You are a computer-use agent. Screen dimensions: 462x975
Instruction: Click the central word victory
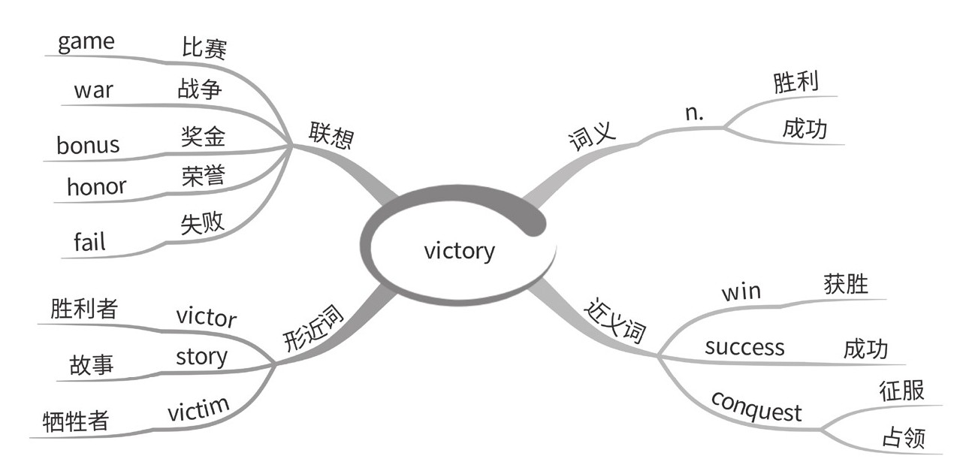pyautogui.click(x=459, y=249)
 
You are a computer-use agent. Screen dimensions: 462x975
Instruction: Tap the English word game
pyautogui.click(x=86, y=41)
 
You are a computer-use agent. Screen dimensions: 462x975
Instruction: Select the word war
pyautogui.click(x=93, y=90)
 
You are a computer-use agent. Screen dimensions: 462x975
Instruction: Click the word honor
pyautogui.click(x=96, y=186)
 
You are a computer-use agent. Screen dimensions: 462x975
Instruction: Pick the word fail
pyautogui.click(x=89, y=241)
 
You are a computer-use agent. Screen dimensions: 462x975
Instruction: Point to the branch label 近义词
pyautogui.click(x=614, y=322)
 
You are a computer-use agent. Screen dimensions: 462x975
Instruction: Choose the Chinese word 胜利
pyautogui.click(x=795, y=83)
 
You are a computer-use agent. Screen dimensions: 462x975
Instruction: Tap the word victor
pyautogui.click(x=206, y=317)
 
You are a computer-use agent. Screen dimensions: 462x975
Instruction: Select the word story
pyautogui.click(x=201, y=356)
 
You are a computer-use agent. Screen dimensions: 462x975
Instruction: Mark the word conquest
pyautogui.click(x=756, y=406)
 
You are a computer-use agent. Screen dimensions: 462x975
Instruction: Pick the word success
pyautogui.click(x=744, y=346)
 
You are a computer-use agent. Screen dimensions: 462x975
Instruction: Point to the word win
pyautogui.click(x=741, y=291)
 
